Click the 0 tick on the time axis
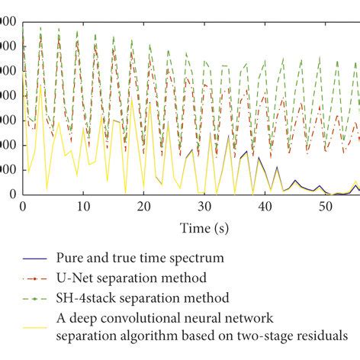(23, 207)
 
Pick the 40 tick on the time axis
(265, 207)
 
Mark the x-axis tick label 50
(325, 207)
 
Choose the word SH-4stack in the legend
(83, 297)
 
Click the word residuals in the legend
(335, 333)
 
